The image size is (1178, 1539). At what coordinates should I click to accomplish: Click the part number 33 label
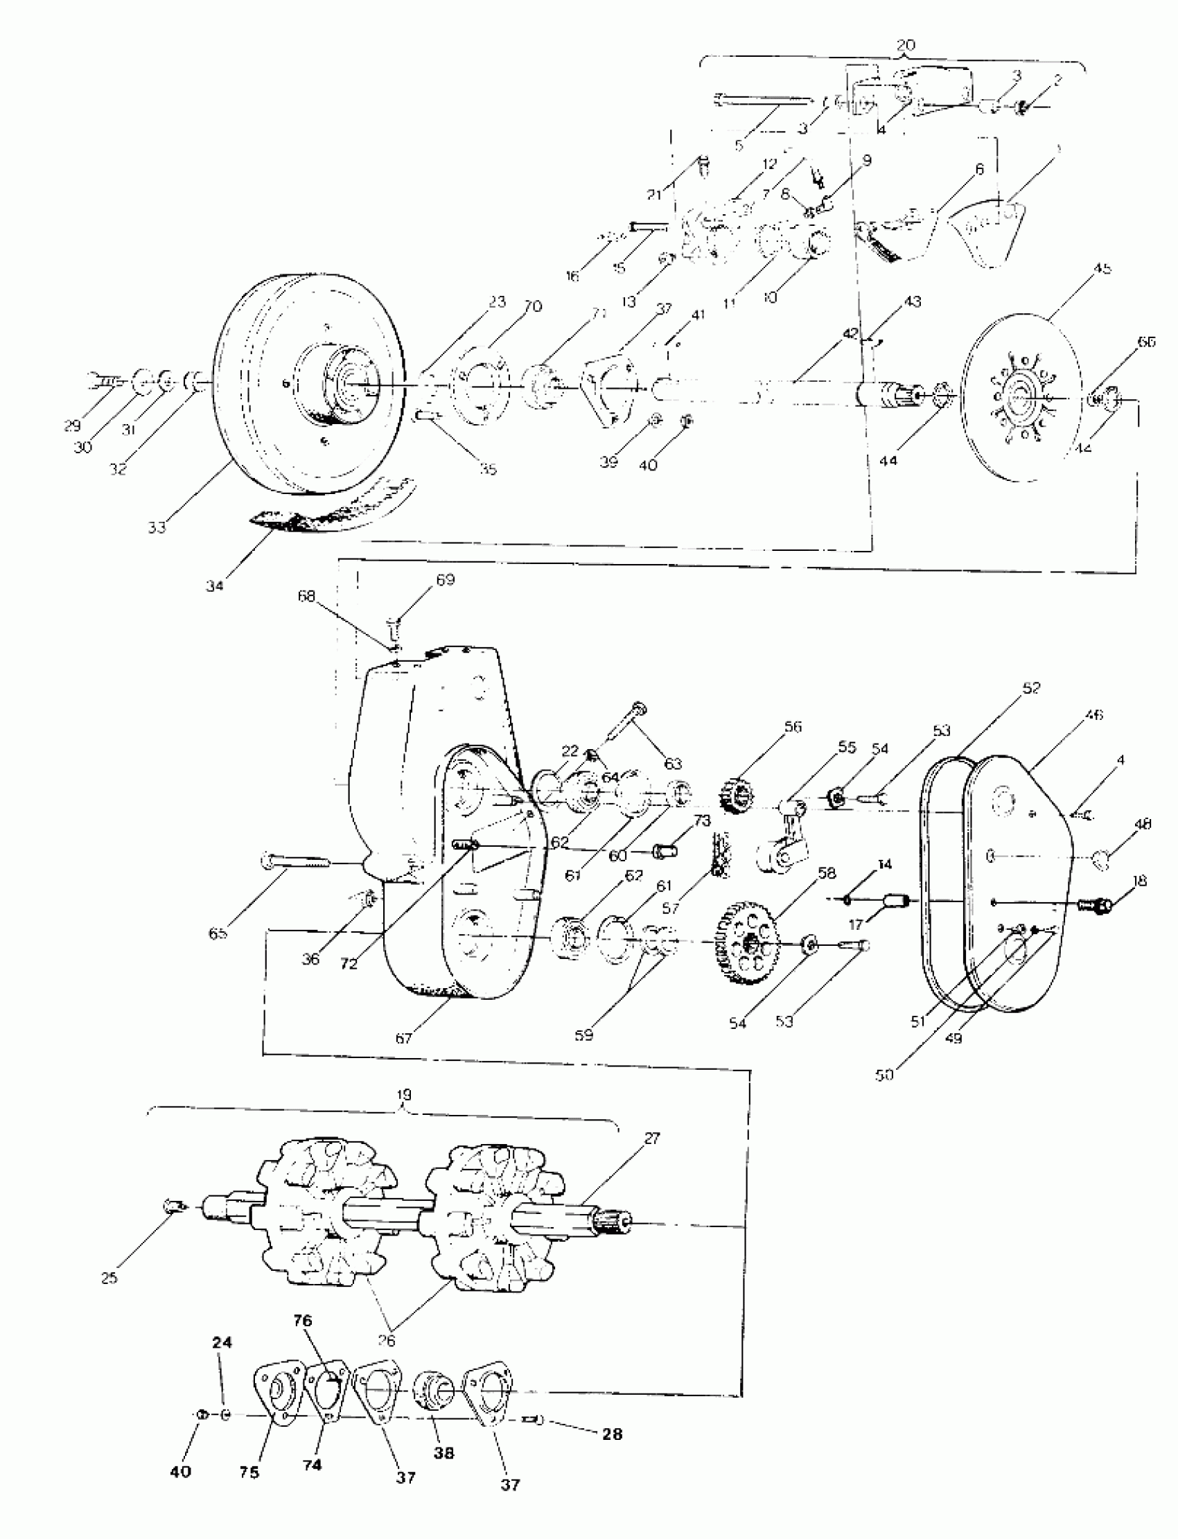pyautogui.click(x=157, y=527)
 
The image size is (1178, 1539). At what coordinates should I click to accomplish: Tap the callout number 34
pyautogui.click(x=215, y=586)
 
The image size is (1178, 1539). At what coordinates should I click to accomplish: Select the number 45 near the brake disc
pyautogui.click(x=1102, y=269)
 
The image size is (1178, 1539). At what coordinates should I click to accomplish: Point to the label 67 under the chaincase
pyautogui.click(x=404, y=1039)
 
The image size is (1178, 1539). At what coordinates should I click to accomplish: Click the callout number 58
pyautogui.click(x=827, y=873)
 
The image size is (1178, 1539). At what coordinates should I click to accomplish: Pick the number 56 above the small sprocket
pyautogui.click(x=792, y=726)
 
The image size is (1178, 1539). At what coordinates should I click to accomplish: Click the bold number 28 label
pyautogui.click(x=612, y=1434)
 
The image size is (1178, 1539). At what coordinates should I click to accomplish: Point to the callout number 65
pyautogui.click(x=218, y=934)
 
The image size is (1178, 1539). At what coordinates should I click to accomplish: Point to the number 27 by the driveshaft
pyautogui.click(x=651, y=1140)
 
